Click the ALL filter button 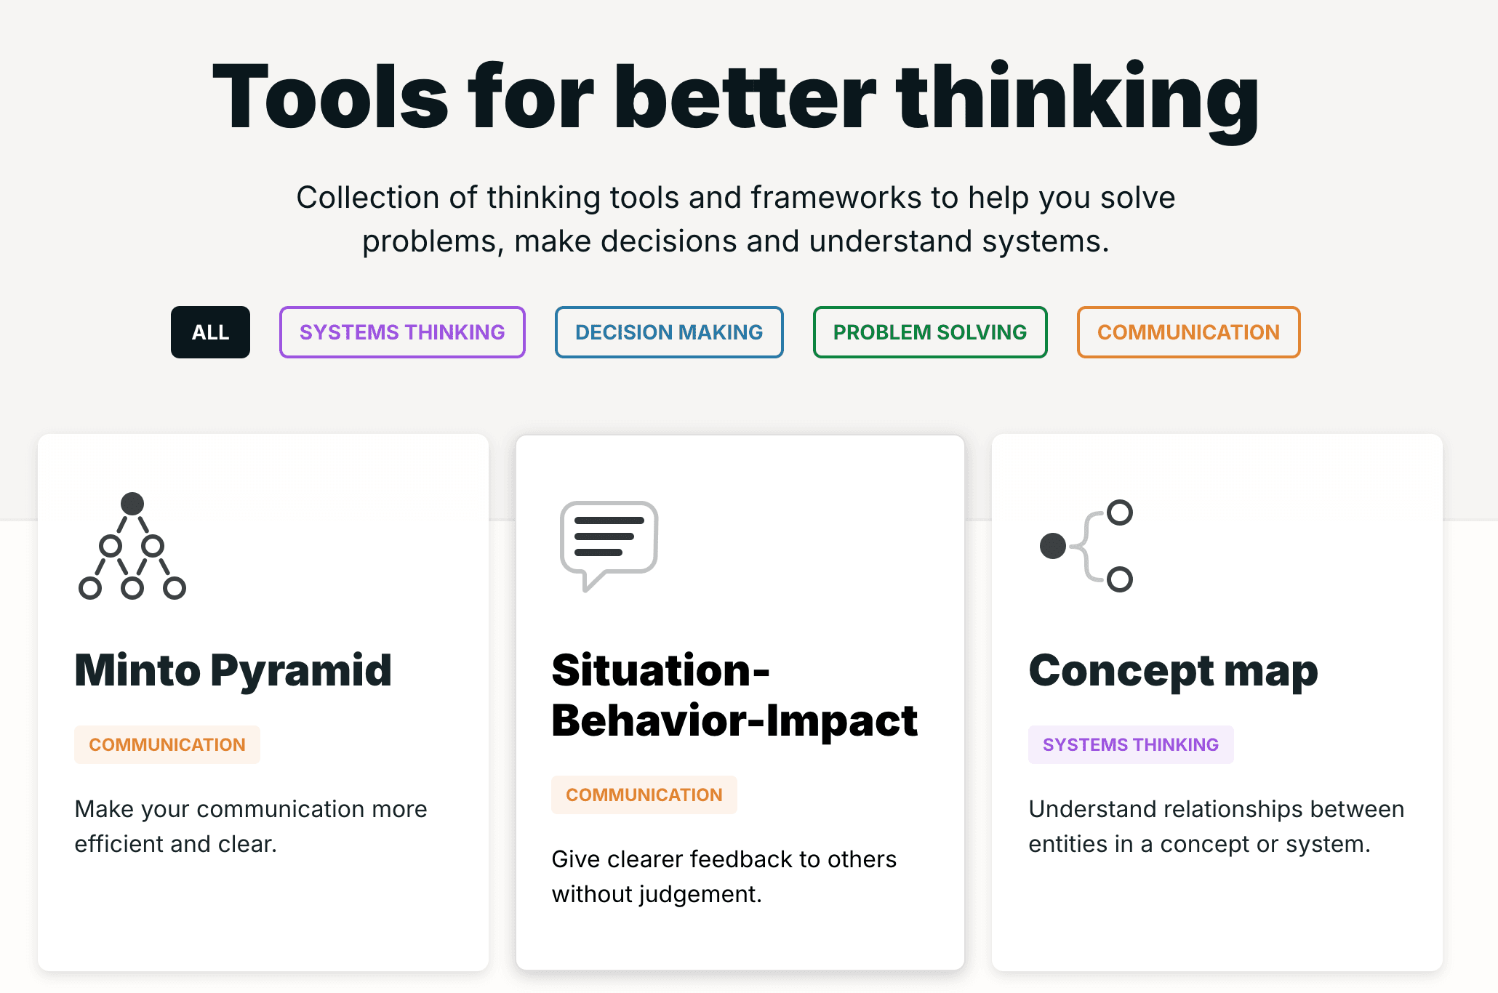210,332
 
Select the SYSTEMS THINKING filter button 402,332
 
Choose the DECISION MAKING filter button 669,332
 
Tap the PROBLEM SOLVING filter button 930,332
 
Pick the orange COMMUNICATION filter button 1188,332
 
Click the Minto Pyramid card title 233,670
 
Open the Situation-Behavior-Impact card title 734,695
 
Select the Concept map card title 1173,670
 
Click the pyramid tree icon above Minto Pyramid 132,547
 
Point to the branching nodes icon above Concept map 1087,546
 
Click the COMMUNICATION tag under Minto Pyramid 167,744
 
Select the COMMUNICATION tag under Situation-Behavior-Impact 644,795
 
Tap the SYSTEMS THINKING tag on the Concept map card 1131,744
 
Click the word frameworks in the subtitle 836,198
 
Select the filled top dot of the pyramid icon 132,504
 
